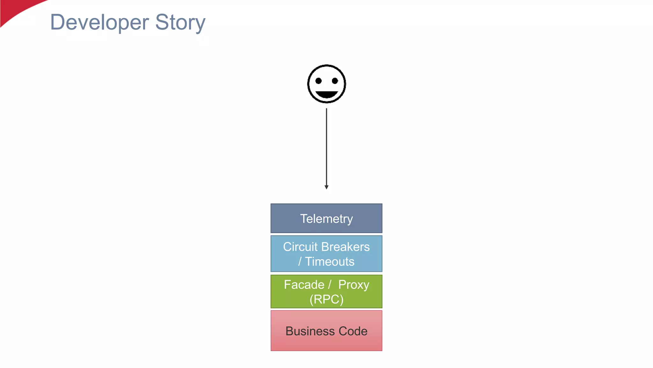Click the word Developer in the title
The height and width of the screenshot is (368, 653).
pos(99,22)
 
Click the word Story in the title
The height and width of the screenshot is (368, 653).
pos(180,22)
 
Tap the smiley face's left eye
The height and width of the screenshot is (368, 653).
pos(318,81)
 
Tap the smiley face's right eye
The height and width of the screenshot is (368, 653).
pos(335,81)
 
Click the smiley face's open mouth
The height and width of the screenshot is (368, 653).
pos(326,95)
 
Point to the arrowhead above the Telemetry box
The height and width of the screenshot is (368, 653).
pos(326,187)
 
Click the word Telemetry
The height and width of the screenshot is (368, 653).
pos(326,219)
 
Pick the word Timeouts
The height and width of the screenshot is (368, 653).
pos(330,262)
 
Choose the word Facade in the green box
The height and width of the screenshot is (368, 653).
pos(304,285)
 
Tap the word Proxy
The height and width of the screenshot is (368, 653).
pos(354,285)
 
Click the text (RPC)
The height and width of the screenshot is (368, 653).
pos(326,299)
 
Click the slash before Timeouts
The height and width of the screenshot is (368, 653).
pos(300,262)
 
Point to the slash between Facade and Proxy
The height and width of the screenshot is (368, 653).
pos(330,285)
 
